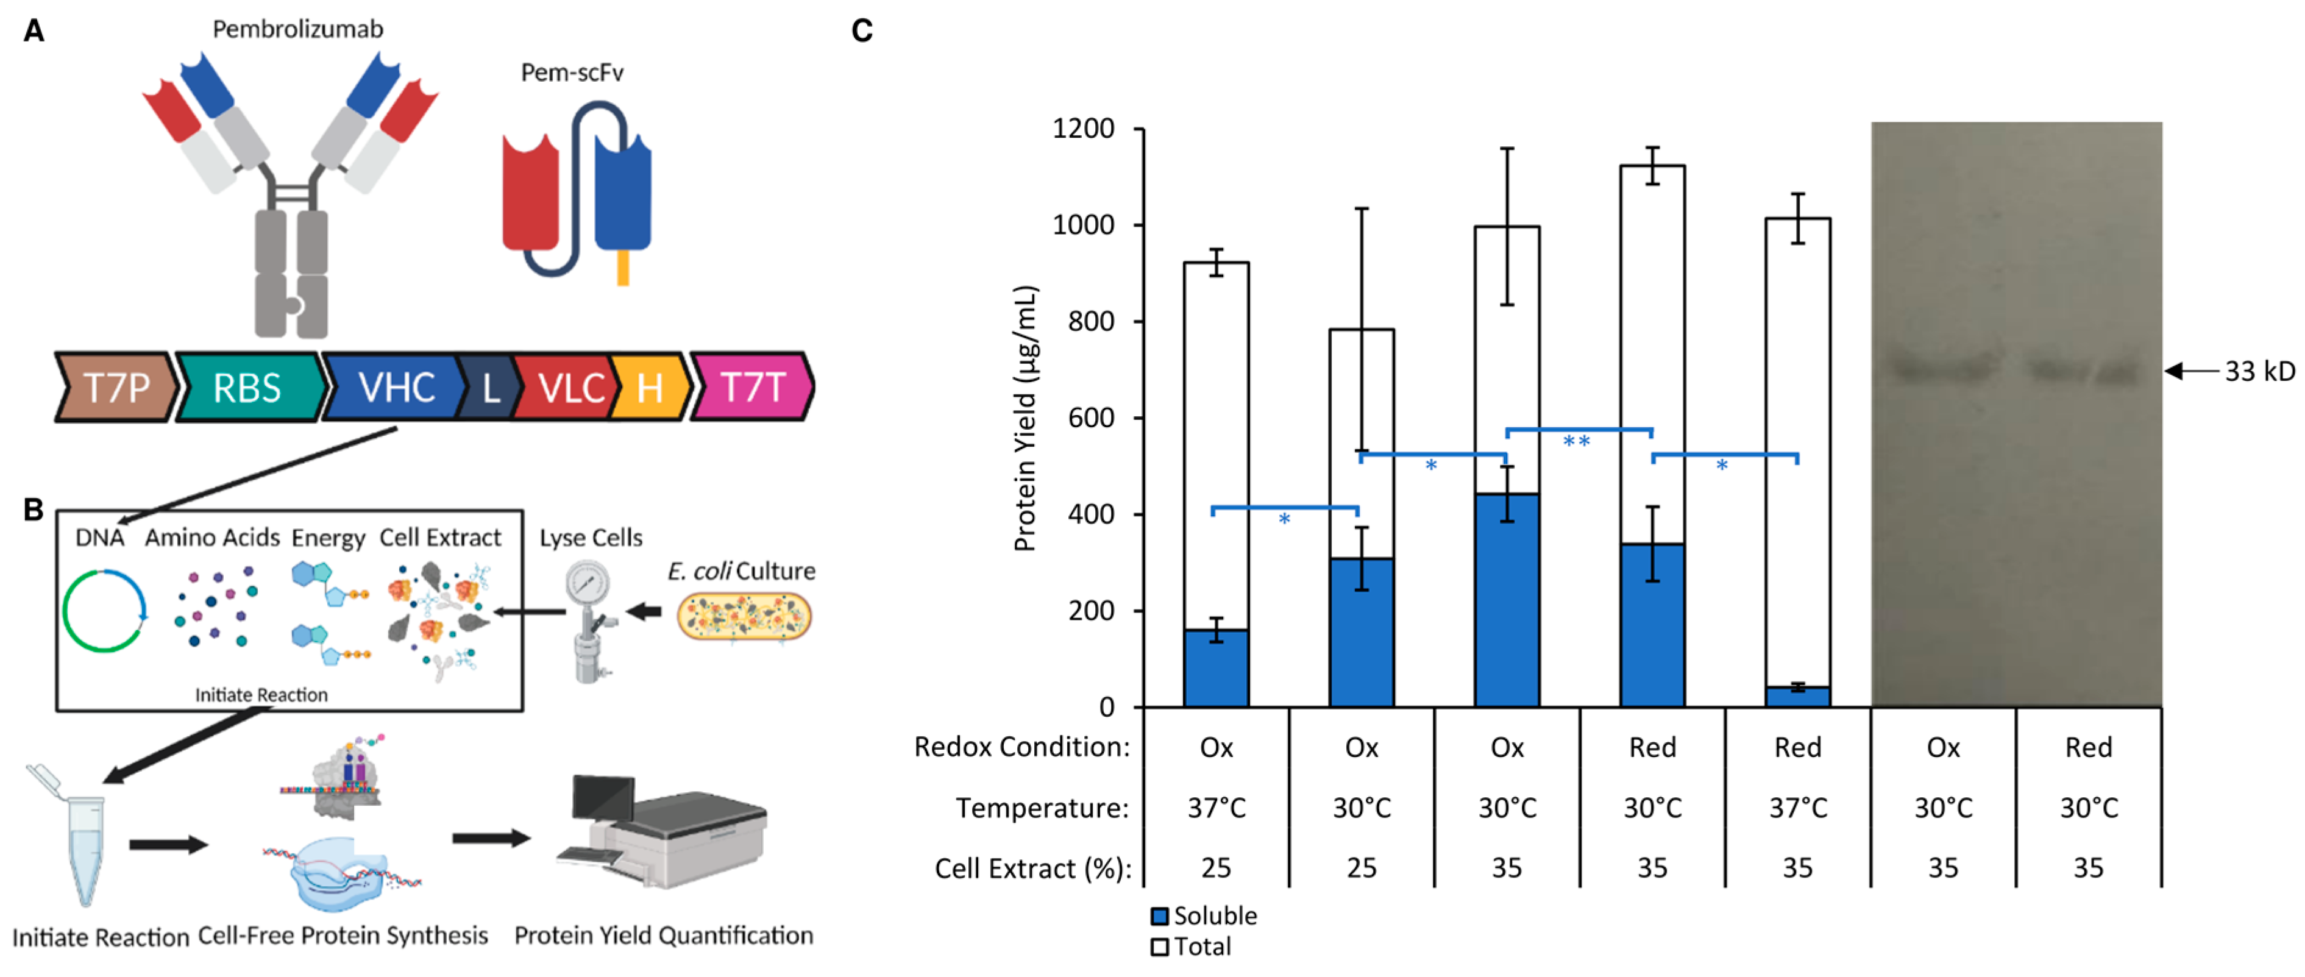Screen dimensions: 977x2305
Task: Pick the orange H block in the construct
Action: click(650, 388)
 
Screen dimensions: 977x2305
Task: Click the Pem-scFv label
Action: click(572, 73)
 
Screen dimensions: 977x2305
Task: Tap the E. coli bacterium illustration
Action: click(744, 617)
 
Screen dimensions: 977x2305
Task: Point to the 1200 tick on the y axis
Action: click(1082, 129)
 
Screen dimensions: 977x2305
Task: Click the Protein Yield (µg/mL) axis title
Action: click(1026, 419)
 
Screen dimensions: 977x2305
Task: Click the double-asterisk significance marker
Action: click(1577, 441)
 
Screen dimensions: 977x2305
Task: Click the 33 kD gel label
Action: click(2259, 371)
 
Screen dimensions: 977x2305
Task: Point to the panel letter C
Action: click(862, 31)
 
